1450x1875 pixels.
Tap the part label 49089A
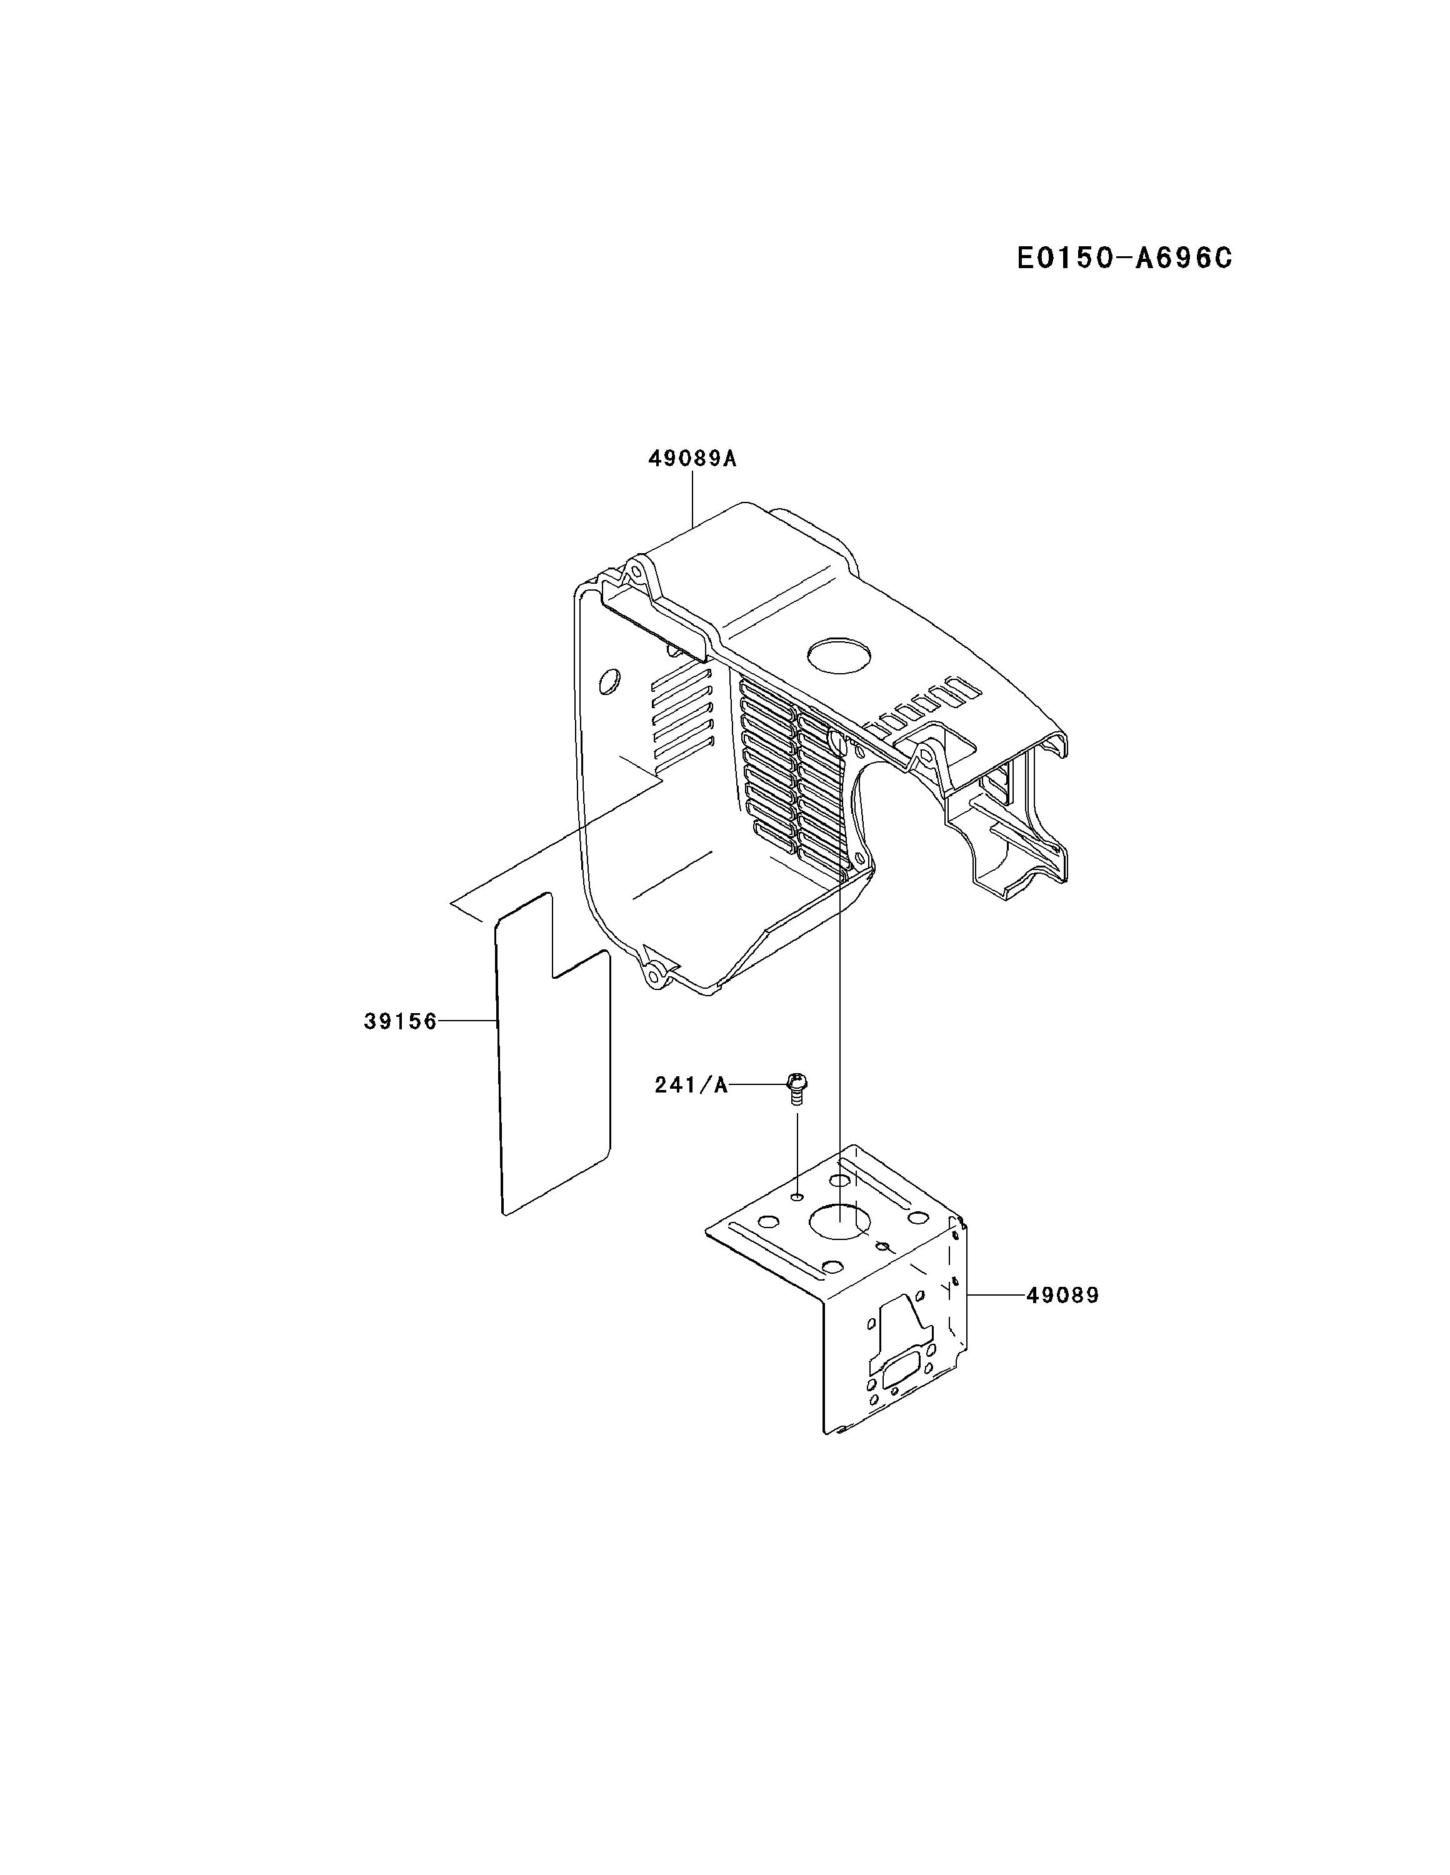pos(692,459)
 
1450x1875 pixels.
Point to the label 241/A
pos(691,1085)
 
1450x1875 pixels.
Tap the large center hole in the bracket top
pos(839,1220)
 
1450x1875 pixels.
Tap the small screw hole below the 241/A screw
pos(797,1196)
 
